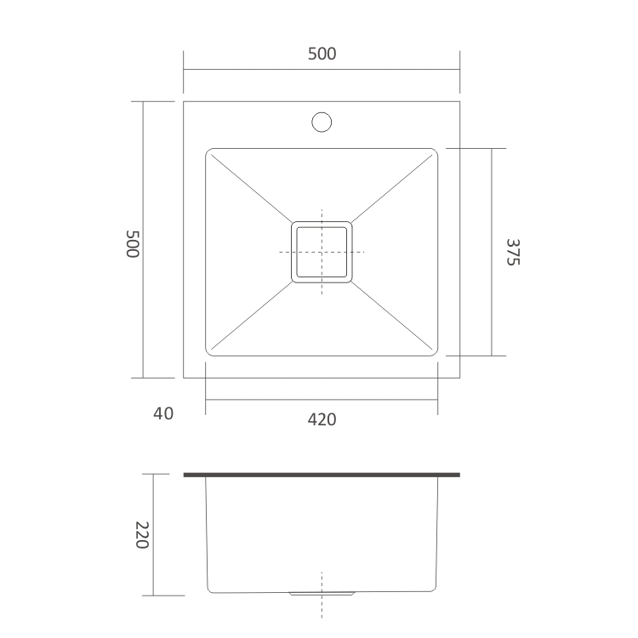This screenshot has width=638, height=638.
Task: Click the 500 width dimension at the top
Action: coord(322,54)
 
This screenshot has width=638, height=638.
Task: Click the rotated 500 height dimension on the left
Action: coord(132,243)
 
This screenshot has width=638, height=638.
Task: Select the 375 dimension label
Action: coord(511,252)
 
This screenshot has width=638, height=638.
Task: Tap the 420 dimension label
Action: coord(322,419)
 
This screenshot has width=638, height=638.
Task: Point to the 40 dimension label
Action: coord(163,414)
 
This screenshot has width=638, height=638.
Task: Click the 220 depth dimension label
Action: coord(141,534)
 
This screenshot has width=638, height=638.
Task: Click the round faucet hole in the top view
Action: coord(322,122)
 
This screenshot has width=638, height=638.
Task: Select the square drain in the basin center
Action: coord(322,252)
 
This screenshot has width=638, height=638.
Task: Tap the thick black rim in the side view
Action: coord(322,475)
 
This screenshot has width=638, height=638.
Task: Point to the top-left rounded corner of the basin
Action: coord(212,154)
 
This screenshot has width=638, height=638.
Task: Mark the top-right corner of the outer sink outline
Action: coord(459,101)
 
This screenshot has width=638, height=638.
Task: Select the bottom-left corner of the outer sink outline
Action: coord(184,378)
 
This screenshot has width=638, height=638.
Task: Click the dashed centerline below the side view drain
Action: coord(322,608)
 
